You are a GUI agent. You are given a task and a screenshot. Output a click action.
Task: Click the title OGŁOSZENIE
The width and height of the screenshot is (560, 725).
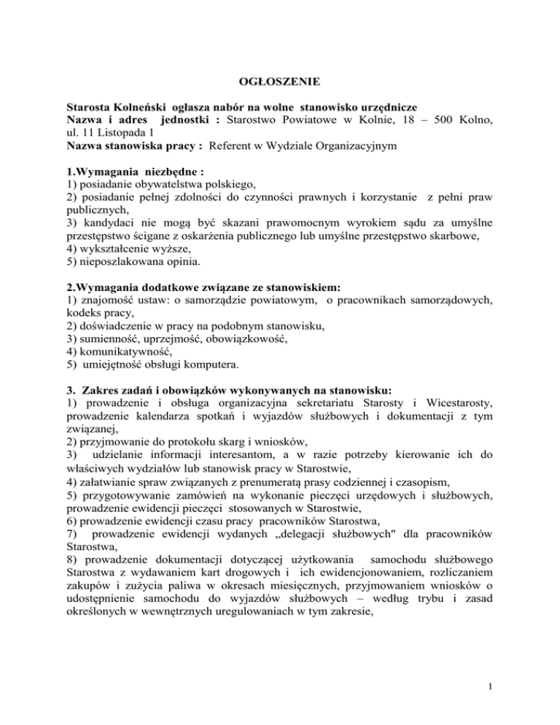[279, 82]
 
